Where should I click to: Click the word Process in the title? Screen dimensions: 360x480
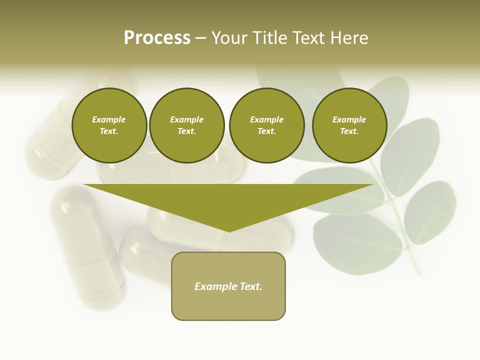[x=157, y=38]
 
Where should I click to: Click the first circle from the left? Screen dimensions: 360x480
[x=109, y=125]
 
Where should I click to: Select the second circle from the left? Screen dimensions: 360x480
[x=187, y=125]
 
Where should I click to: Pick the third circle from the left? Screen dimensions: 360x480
[x=266, y=125]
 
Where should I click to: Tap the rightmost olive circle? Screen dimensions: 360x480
[x=349, y=125]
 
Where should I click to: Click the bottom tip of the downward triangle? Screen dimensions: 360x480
[x=229, y=231]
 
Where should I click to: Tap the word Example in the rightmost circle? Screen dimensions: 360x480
[x=349, y=120]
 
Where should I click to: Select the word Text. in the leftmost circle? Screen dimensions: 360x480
[x=109, y=131]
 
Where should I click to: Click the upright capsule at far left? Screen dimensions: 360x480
[x=87, y=245]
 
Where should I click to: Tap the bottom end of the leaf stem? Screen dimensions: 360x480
[x=417, y=272]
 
